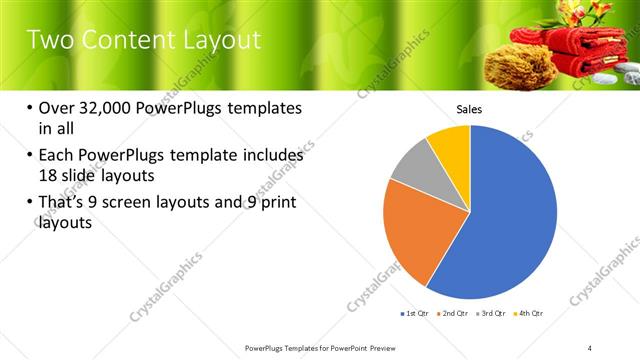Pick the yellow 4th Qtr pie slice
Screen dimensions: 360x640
451,144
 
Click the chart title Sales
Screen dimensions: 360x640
470,109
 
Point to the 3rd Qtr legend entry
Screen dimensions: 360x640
493,313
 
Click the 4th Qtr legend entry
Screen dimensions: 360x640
530,313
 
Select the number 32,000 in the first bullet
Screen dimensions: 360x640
107,108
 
